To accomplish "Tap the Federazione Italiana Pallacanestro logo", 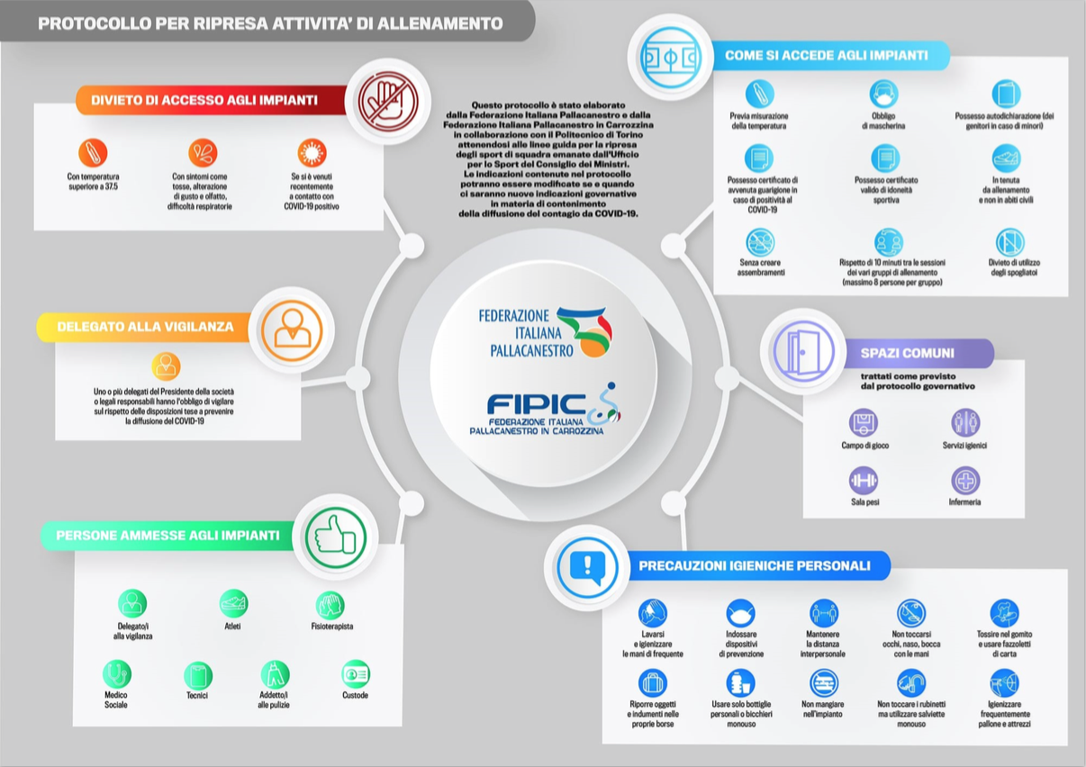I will click(544, 331).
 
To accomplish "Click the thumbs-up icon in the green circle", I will click(335, 537).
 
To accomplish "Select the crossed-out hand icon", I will click(386, 101).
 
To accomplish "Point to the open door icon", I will click(802, 351).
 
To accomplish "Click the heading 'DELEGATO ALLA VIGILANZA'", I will click(145, 327).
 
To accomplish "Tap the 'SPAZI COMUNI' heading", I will click(907, 353).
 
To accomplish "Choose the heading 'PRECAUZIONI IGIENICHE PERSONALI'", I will click(754, 566).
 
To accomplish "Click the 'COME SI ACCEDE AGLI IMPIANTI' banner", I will click(826, 56).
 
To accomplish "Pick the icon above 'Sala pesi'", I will click(864, 481).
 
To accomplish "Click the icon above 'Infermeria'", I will click(965, 481).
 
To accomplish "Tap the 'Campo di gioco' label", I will click(864, 446).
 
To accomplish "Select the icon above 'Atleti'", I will click(233, 603).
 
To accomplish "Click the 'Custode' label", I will click(355, 695).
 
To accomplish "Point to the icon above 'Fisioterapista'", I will click(330, 605).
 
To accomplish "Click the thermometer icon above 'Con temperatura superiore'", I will click(93, 152).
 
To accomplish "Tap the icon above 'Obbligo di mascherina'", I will click(883, 95).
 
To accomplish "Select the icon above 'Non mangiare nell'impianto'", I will click(823, 682).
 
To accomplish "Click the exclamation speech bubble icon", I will click(587, 567).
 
